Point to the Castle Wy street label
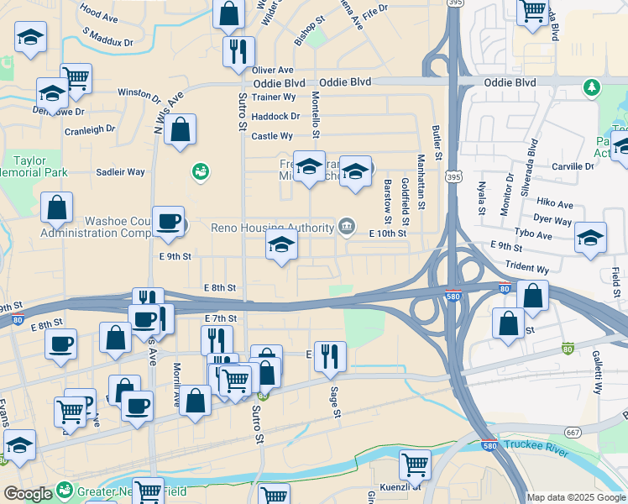(x=272, y=136)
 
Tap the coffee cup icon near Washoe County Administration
(x=168, y=221)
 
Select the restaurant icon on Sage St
(x=330, y=355)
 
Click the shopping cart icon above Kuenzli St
(x=415, y=463)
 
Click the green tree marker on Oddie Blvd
(x=592, y=87)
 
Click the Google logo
(x=28, y=494)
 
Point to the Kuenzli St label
(x=400, y=486)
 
